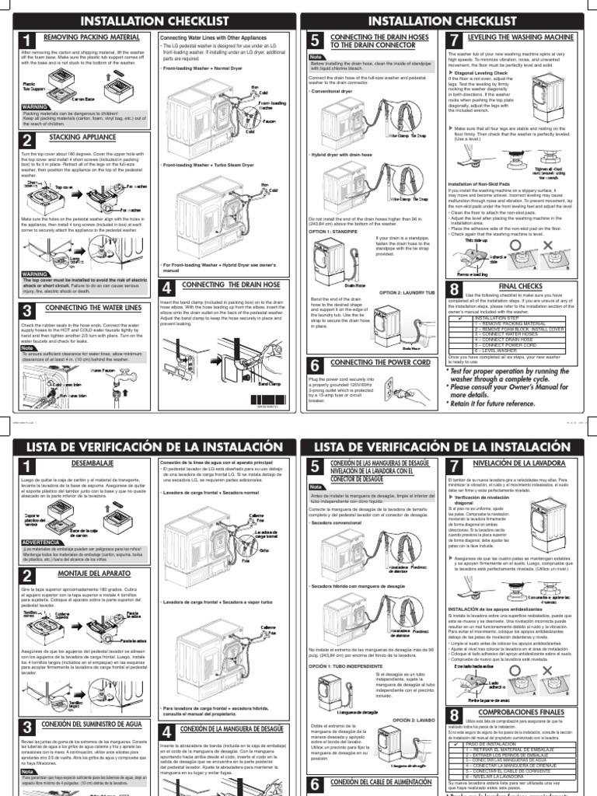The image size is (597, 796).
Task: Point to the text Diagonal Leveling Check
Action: tap(485, 73)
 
